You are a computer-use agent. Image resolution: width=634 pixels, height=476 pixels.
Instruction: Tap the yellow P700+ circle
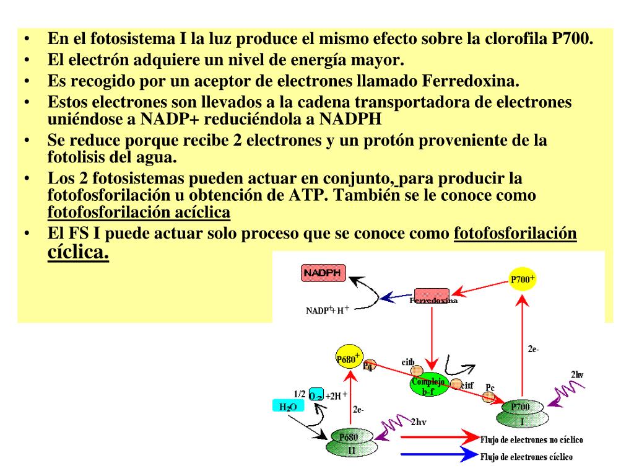[x=522, y=280]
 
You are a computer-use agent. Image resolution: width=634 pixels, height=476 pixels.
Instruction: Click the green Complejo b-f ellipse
[x=428, y=386]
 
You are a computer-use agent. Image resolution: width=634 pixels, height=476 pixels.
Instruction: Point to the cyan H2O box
[x=289, y=407]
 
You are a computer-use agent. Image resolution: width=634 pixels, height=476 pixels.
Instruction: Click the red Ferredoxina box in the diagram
[x=432, y=296]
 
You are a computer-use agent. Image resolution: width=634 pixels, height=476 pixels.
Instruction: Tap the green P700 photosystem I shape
[x=520, y=413]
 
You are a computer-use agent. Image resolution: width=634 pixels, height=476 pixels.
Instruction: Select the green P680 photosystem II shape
[x=351, y=443]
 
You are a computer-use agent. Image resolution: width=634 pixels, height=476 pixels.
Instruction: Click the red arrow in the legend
[x=438, y=439]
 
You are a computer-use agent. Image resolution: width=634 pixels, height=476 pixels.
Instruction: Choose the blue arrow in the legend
[x=438, y=457]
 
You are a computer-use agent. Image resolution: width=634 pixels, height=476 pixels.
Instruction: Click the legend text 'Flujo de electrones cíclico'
[x=526, y=457]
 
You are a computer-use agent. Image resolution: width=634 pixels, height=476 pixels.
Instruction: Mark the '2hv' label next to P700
[x=576, y=374]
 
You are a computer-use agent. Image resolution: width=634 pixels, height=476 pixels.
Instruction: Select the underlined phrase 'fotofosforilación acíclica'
[x=139, y=213]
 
